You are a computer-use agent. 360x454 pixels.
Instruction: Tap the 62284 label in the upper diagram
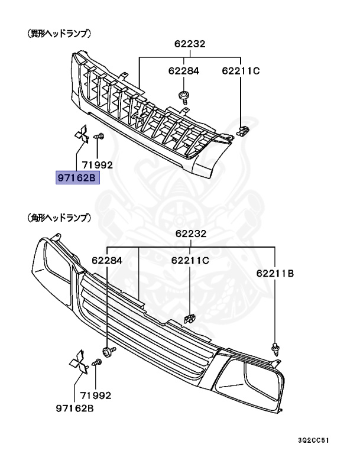183,71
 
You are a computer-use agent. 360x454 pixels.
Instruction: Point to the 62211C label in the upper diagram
241,71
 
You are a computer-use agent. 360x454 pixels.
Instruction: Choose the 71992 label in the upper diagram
98,166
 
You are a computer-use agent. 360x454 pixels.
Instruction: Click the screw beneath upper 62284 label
184,96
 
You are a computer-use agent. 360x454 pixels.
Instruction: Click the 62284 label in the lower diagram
106,259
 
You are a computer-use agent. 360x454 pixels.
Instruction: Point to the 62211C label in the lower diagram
190,259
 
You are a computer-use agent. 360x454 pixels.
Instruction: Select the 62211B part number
275,273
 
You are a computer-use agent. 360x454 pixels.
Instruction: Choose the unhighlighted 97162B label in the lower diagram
76,408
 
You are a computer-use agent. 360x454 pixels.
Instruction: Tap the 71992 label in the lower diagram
96,395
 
